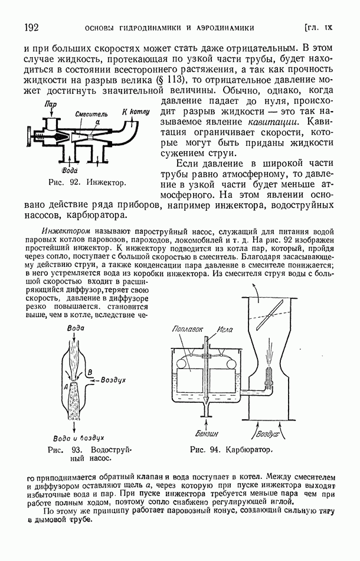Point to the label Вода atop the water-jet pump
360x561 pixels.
pyautogui.click(x=75, y=327)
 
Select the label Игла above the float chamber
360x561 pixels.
pyautogui.click(x=225, y=329)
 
